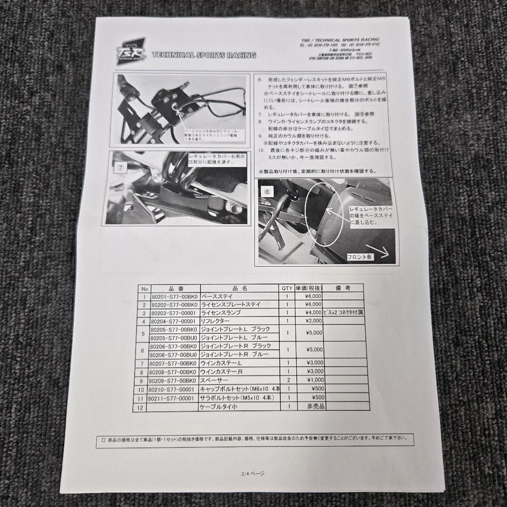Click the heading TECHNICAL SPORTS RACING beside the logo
click(x=204, y=55)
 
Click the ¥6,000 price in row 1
click(x=312, y=297)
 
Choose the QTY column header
click(x=287, y=288)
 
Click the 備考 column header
click(x=343, y=288)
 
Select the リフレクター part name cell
click(x=215, y=321)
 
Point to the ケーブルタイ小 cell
click(x=219, y=407)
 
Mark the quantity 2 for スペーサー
click(x=287, y=380)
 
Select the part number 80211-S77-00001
click(x=170, y=398)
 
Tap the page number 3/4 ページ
click(x=253, y=474)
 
